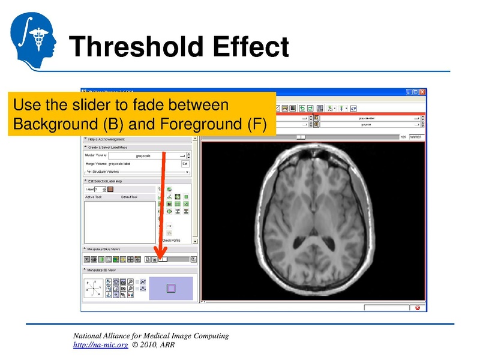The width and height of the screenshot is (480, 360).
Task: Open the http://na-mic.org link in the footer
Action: (x=100, y=346)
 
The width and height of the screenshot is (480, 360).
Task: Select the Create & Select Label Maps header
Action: (x=108, y=147)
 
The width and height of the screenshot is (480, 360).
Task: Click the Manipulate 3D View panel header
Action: (x=105, y=271)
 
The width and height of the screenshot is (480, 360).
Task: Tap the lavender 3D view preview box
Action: (x=171, y=288)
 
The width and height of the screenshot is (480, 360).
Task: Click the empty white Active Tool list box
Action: (x=119, y=222)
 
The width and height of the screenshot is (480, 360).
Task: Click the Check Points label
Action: (x=171, y=241)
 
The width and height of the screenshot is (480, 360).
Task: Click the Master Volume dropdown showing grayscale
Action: (x=144, y=155)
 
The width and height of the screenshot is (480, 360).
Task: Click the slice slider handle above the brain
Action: (x=301, y=137)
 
